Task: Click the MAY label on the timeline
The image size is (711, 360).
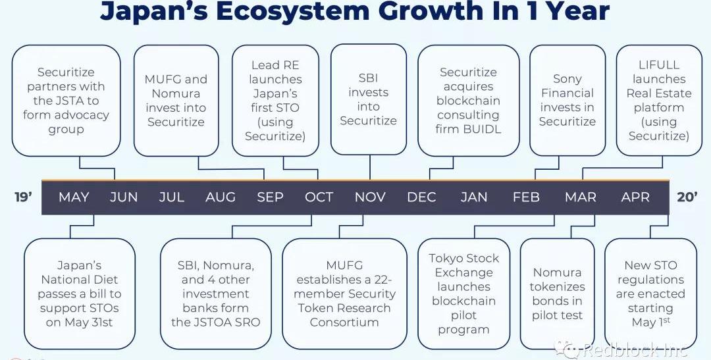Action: (74, 197)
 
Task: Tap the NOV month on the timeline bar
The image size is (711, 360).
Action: (370, 197)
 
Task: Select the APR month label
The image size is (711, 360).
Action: (635, 197)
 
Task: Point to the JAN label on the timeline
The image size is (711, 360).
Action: (474, 197)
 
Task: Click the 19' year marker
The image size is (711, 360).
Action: (23, 197)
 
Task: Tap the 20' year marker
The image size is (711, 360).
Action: (687, 197)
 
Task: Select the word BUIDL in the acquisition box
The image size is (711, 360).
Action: (483, 129)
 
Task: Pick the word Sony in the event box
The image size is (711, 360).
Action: (567, 79)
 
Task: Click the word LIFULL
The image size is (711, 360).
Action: (659, 65)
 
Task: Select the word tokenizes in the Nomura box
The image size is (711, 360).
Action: (558, 287)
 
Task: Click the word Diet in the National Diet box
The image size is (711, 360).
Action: (107, 280)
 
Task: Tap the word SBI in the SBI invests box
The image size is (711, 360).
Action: (368, 78)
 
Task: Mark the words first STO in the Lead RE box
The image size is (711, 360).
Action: (275, 108)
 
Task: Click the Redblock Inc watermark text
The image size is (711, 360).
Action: (635, 350)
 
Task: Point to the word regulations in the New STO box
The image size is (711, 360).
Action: (650, 280)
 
